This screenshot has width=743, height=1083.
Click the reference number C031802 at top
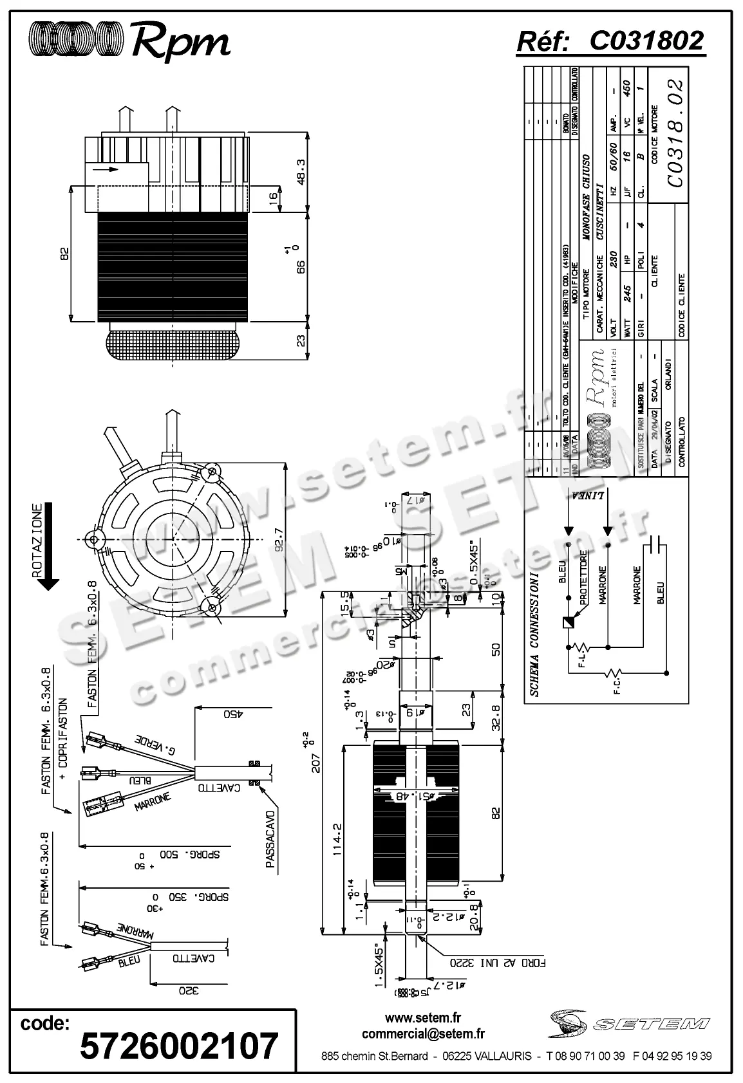[646, 41]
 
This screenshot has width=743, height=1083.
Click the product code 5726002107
[179, 1045]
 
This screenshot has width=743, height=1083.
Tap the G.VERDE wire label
[156, 746]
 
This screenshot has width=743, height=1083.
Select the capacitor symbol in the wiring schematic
[657, 544]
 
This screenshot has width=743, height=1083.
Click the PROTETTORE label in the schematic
[583, 576]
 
